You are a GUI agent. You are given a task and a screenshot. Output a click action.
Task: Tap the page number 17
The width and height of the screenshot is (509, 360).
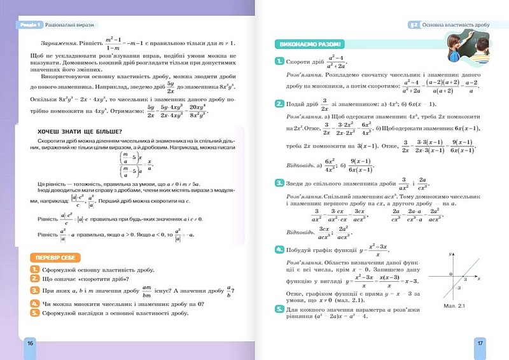point(480,343)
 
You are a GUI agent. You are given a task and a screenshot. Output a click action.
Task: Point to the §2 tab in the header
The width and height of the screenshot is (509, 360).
point(412,24)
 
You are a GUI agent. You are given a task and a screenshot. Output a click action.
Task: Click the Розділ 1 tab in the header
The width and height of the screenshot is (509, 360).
point(29,24)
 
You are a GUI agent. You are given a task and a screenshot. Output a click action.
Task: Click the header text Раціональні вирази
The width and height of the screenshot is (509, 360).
point(66,24)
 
